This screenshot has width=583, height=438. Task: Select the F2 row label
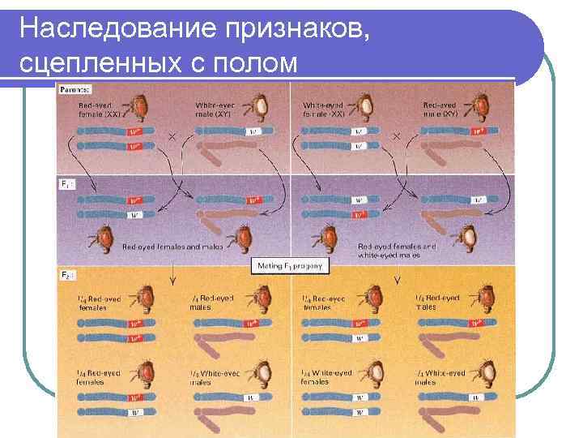click(x=68, y=277)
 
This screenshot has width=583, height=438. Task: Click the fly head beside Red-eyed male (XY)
click(x=483, y=105)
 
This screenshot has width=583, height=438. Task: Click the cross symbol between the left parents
click(x=172, y=137)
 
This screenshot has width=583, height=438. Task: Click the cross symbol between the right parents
click(x=397, y=137)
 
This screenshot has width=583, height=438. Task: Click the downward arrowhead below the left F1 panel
click(x=173, y=282)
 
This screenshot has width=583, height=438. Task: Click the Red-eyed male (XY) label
click(x=440, y=109)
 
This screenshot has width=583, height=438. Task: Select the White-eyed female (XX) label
click(x=324, y=109)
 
